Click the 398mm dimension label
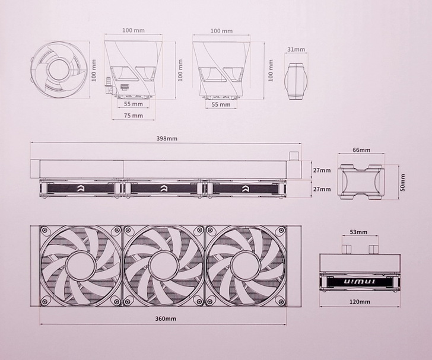(x=167, y=139)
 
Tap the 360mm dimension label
(x=166, y=318)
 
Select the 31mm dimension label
(x=296, y=50)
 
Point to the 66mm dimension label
(x=361, y=150)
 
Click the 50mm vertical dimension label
(x=402, y=183)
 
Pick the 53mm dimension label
(x=358, y=232)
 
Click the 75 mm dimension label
(x=134, y=116)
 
